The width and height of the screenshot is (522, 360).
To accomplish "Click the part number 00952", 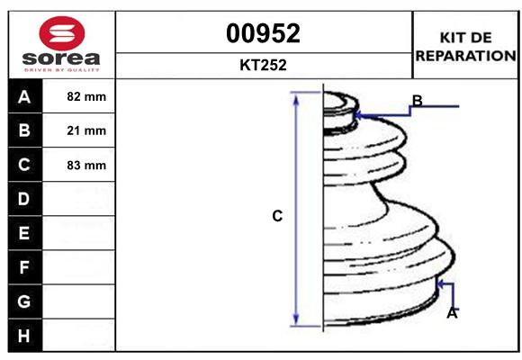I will point(263,33).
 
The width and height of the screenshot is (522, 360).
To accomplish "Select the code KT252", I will point(263,66).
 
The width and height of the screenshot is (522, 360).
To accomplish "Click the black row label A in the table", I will point(24,96).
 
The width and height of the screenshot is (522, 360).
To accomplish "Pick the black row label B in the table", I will point(24,130).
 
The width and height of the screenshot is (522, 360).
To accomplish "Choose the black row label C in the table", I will point(24,165).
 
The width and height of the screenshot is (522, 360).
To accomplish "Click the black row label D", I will point(24,199).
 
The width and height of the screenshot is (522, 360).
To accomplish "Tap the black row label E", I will point(24,233).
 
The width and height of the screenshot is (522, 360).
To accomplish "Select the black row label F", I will point(24,267).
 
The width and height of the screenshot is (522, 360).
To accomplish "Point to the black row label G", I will point(24,301).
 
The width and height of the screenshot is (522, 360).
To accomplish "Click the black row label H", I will point(24,336).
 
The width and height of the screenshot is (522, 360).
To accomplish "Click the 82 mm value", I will point(86,96).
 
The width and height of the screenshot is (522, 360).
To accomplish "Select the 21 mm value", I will point(86,130).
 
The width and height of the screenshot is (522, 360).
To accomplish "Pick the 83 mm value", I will point(86,165).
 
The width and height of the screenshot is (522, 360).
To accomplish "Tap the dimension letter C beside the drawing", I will point(277,216).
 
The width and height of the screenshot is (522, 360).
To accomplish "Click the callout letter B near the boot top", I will point(417,100).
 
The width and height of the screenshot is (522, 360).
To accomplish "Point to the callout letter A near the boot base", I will point(452,313).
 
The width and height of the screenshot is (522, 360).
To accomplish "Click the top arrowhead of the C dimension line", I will point(295,97).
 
